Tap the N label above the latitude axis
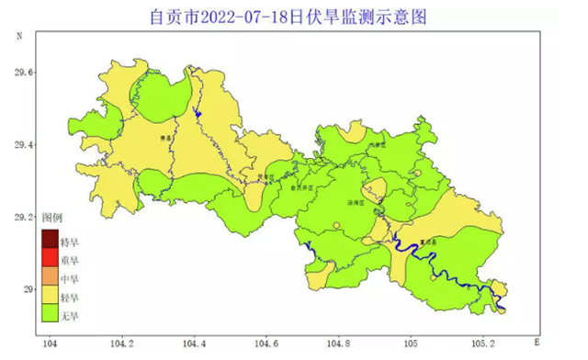pyautogui.click(x=19, y=35)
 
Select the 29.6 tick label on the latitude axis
pyautogui.click(x=17, y=73)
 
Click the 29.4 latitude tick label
pyautogui.click(x=17, y=145)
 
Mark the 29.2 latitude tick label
pyautogui.click(x=17, y=218)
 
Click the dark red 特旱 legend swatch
pyautogui.click(x=50, y=242)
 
